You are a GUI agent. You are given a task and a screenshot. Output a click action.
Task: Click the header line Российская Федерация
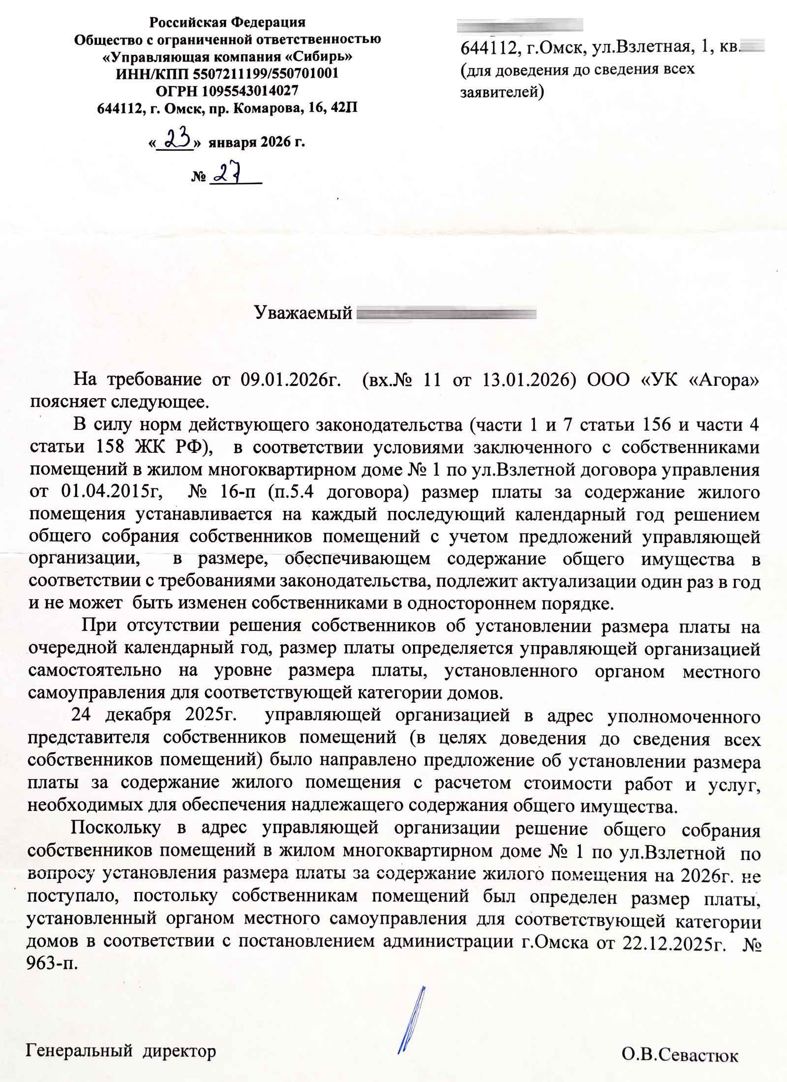click(x=227, y=22)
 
